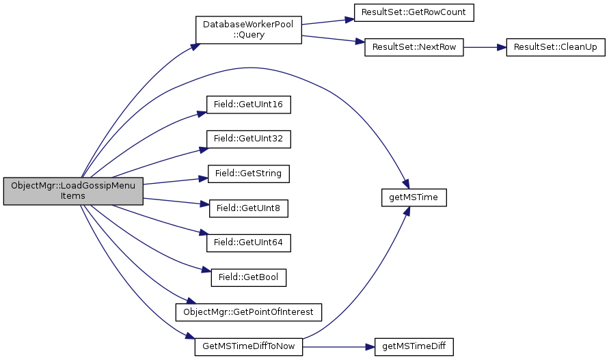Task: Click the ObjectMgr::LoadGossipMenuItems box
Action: click(72, 191)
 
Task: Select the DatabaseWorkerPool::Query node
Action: click(249, 30)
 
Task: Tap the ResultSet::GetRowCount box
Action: click(414, 12)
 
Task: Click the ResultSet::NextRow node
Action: click(414, 48)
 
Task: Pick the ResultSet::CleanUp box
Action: click(545, 48)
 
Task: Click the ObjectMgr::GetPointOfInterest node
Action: click(249, 311)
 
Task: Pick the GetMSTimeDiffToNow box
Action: click(249, 346)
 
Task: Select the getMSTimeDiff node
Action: click(414, 346)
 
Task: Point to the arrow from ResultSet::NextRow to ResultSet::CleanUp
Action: click(485, 48)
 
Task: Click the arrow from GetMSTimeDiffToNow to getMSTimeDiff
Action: click(338, 346)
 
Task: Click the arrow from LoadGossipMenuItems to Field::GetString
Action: click(171, 180)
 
